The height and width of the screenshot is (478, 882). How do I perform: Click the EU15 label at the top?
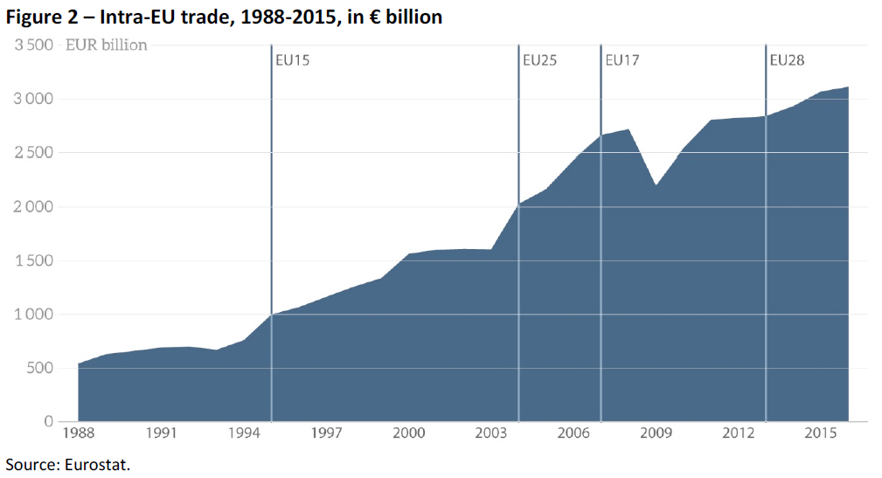[x=292, y=61]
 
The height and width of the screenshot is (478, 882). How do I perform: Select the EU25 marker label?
[x=539, y=61]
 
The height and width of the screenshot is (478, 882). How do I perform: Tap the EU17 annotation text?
[x=622, y=61]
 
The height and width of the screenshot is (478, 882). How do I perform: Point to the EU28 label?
[x=787, y=61]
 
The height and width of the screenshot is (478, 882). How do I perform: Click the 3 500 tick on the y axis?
[x=34, y=45]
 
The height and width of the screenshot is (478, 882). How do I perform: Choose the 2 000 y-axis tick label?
[x=34, y=207]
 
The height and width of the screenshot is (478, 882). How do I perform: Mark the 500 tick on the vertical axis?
[x=40, y=369]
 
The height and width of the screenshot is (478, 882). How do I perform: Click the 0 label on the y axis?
[x=49, y=422]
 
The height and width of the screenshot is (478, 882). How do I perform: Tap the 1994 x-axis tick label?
[x=244, y=434]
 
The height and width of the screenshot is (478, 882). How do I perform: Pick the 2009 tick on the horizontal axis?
[x=656, y=434]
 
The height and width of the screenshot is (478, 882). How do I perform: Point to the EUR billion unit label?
[x=107, y=45]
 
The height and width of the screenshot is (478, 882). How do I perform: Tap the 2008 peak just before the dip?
[x=629, y=129]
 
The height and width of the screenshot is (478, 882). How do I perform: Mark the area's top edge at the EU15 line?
[x=271, y=314]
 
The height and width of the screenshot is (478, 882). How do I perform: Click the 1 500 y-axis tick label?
[x=34, y=261]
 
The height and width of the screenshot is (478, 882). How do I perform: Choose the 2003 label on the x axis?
[x=491, y=434]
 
